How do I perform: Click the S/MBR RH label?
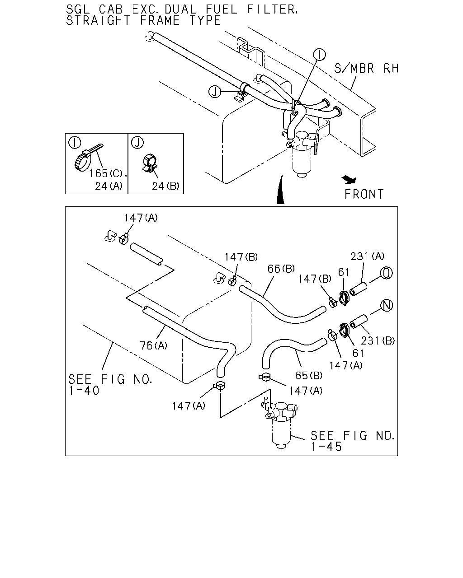(x=366, y=69)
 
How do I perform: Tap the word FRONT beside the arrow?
(x=364, y=195)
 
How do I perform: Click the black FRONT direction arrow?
(x=349, y=180)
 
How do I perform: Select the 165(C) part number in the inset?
(x=105, y=173)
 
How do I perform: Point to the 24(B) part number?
(x=166, y=186)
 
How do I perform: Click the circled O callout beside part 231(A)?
(x=386, y=273)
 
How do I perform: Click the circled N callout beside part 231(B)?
(x=386, y=305)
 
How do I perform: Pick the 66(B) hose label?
(x=281, y=269)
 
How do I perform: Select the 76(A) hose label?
(x=153, y=345)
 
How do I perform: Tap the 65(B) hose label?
(x=308, y=376)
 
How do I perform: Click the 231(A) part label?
(x=367, y=256)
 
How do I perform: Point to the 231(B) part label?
(x=378, y=340)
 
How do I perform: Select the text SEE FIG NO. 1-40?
(x=110, y=385)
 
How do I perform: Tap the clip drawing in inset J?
(x=149, y=163)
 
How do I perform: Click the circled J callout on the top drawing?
(x=215, y=92)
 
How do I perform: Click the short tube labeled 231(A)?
(x=358, y=289)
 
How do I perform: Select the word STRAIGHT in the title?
(x=99, y=21)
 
